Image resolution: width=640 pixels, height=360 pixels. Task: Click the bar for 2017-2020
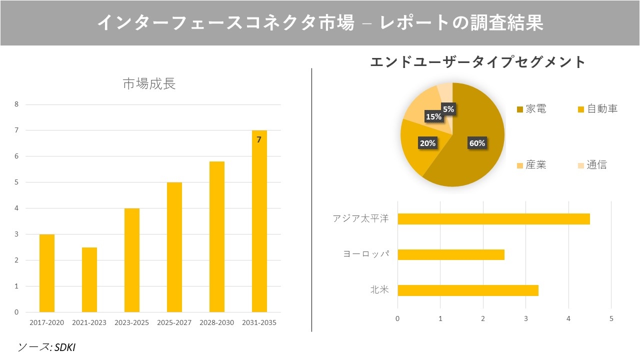(47, 273)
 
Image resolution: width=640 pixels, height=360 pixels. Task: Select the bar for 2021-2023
(89, 279)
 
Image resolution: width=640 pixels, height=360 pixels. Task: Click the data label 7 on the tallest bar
(259, 140)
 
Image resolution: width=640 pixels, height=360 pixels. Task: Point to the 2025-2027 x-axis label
(174, 322)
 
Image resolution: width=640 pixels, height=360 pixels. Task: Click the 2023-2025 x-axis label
(131, 322)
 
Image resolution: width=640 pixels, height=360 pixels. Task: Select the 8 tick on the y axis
(16, 104)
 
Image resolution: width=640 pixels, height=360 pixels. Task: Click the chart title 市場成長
(149, 83)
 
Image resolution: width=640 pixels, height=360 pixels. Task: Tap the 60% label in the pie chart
(477, 143)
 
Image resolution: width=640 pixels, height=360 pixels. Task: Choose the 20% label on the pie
(427, 143)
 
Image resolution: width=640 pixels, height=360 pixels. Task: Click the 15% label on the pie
(433, 116)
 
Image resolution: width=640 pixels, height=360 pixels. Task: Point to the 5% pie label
(448, 109)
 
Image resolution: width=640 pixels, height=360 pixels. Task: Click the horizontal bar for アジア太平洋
(493, 219)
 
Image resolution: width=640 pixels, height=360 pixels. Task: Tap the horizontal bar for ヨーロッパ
(451, 254)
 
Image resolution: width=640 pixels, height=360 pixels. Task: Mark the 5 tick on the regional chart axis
(611, 318)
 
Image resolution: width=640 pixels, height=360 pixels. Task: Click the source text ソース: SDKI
(46, 347)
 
